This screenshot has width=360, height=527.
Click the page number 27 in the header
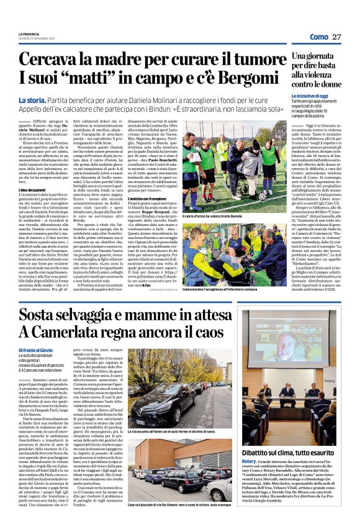(x=336, y=37)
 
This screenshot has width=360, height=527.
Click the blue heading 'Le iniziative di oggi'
(x=310, y=96)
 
